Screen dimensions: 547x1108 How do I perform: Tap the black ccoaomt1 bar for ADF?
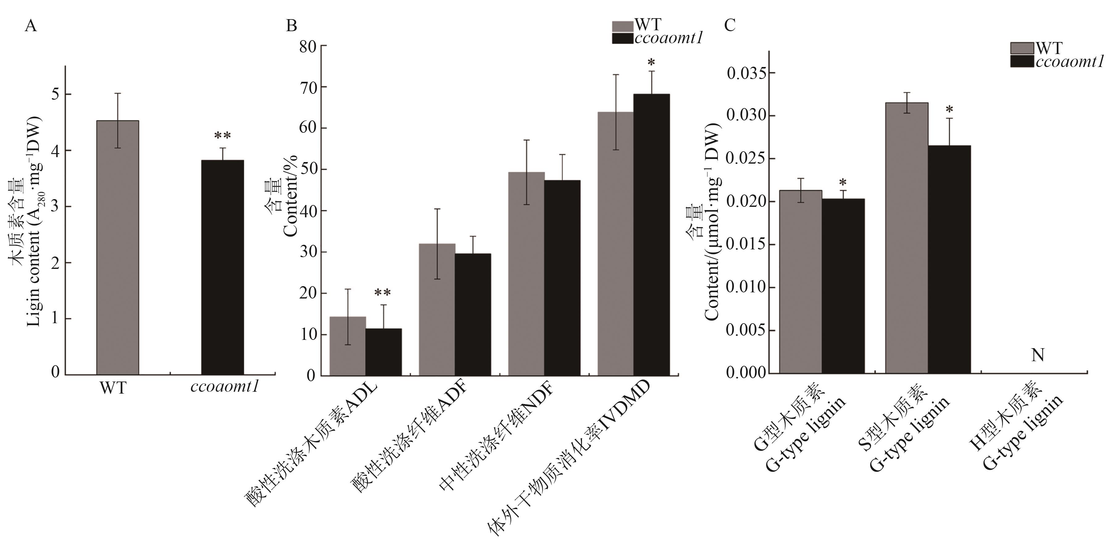[473, 315]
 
